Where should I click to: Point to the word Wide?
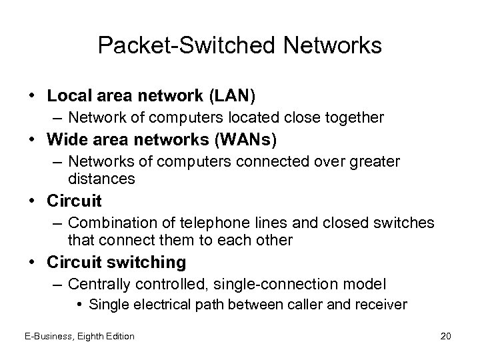pos(67,140)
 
